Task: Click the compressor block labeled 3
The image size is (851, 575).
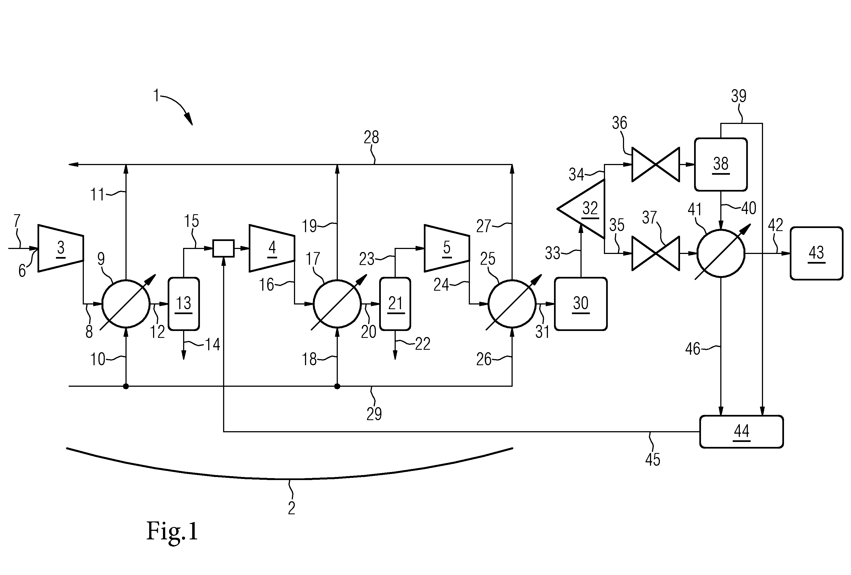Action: [61, 248]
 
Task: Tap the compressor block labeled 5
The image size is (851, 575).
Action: [447, 248]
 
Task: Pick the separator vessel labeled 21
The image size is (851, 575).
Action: [395, 304]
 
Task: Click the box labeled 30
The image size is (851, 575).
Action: [581, 304]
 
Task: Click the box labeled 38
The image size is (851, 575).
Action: [721, 165]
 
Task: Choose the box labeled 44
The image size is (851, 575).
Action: [742, 432]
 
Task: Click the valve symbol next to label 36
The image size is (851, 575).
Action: [656, 165]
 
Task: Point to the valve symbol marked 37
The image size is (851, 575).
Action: [656, 253]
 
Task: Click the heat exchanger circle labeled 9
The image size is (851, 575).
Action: [126, 304]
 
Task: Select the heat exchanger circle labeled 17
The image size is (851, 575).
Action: [337, 304]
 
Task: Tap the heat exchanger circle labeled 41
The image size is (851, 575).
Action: [721, 253]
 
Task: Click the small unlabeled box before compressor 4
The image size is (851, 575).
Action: [223, 248]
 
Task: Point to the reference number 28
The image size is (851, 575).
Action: [371, 137]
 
